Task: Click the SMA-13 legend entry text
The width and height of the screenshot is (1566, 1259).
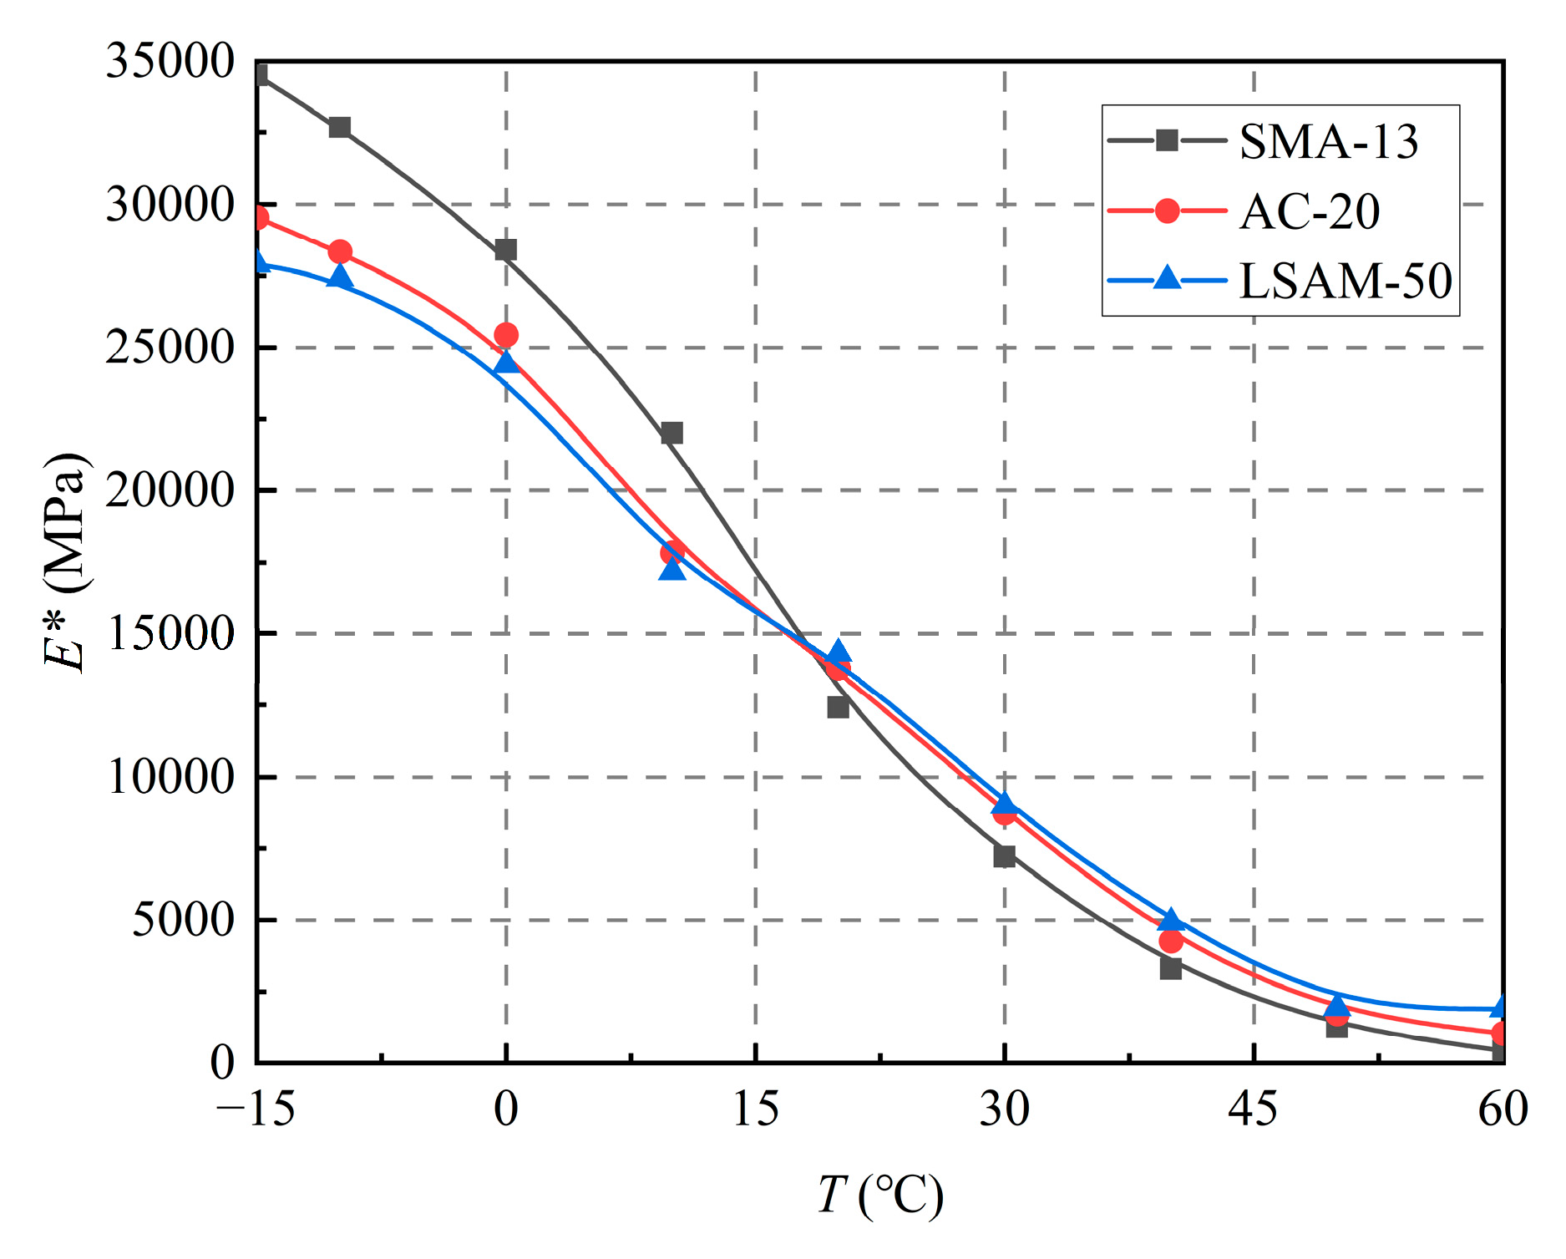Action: coord(1328,141)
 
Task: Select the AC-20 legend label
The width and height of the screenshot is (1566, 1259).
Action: coord(1309,211)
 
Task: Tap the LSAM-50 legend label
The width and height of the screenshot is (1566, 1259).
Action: coord(1345,281)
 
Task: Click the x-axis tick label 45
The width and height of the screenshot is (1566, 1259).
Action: coord(1253,1110)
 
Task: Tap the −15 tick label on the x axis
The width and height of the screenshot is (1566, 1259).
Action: coord(256,1110)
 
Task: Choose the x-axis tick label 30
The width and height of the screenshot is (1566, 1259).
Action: coord(1004,1110)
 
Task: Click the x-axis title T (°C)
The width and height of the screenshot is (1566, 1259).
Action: coord(879,1195)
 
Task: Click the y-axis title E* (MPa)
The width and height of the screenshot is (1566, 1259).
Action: coord(65,563)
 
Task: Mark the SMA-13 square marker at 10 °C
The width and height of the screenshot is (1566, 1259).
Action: coord(672,433)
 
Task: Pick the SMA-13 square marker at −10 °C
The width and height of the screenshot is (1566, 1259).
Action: coord(339,127)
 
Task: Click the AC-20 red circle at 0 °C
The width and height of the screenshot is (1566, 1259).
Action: coord(505,335)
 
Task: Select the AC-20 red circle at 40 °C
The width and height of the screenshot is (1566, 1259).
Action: coord(1170,941)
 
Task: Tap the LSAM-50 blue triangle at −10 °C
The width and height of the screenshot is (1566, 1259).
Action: coord(339,276)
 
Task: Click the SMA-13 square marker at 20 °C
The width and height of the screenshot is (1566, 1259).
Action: coord(838,708)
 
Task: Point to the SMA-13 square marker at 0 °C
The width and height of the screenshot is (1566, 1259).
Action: coord(505,249)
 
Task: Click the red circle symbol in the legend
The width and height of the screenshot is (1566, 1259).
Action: coord(1167,211)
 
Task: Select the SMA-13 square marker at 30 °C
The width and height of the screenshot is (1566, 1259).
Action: coord(1004,855)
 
